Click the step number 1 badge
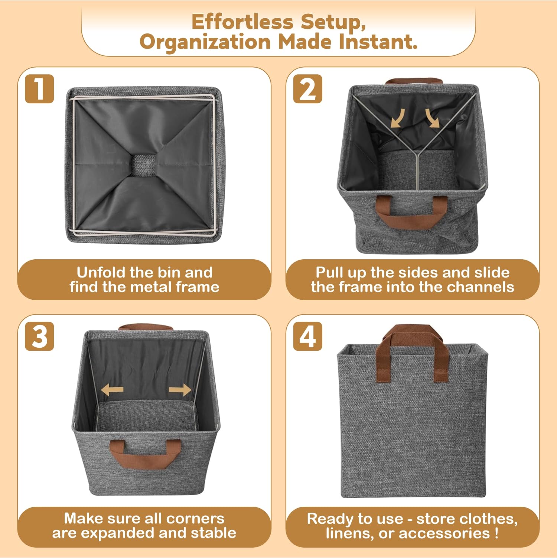tap(39, 89)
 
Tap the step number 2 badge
tap(307, 89)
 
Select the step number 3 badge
tap(39, 336)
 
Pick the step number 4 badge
tap(307, 336)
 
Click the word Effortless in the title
tap(242, 22)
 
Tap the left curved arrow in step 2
tap(397, 118)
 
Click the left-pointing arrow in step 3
tap(113, 390)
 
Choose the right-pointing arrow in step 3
tap(180, 390)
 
